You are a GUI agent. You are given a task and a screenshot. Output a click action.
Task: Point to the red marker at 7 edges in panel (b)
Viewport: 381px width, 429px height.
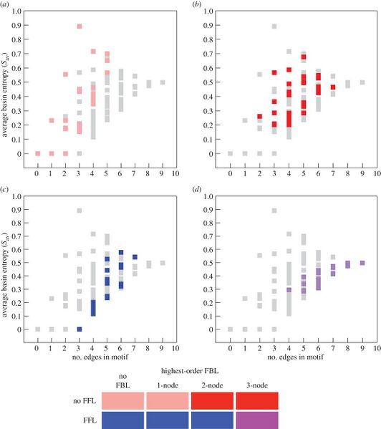[333, 87]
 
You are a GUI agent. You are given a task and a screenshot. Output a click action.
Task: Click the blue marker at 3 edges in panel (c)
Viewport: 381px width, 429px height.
[79, 329]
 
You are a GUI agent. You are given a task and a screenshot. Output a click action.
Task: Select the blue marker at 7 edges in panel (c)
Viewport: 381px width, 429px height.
[135, 256]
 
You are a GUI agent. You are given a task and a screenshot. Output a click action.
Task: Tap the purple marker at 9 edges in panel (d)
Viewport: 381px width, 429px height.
[362, 263]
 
